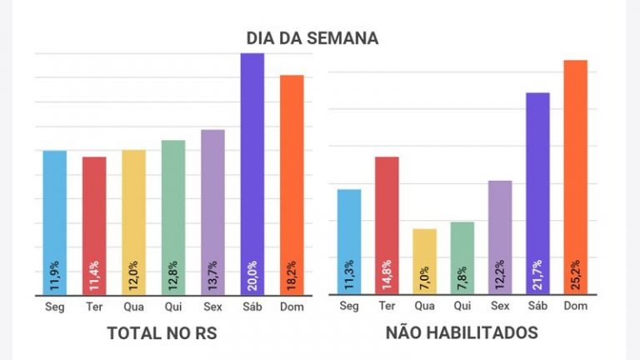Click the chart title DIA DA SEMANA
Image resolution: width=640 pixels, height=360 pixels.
[312, 38]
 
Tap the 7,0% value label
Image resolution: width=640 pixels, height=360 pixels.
[425, 275]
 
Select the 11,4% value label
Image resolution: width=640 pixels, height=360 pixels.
[95, 275]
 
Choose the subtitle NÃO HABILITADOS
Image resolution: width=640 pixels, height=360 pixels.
[462, 333]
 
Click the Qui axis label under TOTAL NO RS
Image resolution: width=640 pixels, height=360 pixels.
[173, 307]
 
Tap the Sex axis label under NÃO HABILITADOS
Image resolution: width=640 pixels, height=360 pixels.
[500, 307]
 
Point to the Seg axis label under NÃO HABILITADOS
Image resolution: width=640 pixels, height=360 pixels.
[349, 307]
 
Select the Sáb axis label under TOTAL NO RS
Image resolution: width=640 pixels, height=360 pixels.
[252, 307]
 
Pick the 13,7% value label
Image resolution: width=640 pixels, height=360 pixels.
[213, 275]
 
